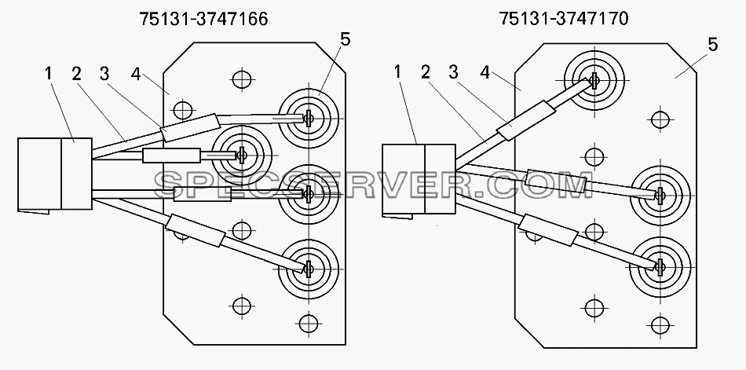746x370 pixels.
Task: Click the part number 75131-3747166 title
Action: pos(203,19)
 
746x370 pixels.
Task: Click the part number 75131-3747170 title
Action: pos(564,19)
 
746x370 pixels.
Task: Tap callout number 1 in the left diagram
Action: pos(49,74)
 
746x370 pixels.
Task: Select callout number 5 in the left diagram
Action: pos(346,40)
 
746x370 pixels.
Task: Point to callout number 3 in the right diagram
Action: pos(453,72)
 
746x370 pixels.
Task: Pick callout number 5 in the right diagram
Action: pos(712,45)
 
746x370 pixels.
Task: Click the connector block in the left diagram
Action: pos(55,174)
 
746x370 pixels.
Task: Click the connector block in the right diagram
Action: pos(419,180)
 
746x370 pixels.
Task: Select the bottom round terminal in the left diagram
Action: pos(309,269)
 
